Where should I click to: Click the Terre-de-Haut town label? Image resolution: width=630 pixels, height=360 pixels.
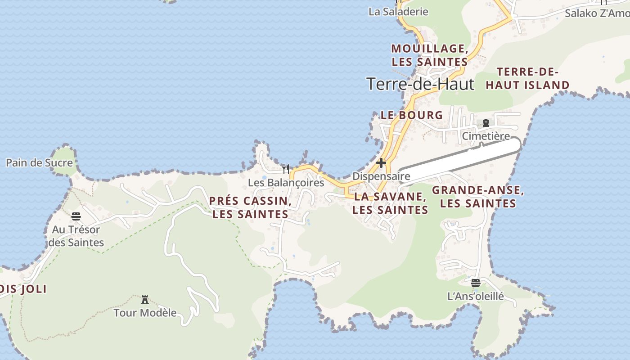(420, 84)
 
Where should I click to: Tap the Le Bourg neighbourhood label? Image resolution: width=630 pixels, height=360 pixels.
(412, 115)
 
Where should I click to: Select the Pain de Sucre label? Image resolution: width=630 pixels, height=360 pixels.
(39, 163)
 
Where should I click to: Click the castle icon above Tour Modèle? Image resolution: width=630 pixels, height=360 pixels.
(145, 300)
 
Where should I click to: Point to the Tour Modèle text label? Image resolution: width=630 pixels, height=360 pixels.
(145, 312)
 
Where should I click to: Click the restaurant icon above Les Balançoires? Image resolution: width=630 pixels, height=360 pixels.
(286, 170)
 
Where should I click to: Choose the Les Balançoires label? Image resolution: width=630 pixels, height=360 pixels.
(286, 183)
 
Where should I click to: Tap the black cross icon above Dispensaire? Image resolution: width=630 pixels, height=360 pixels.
(381, 163)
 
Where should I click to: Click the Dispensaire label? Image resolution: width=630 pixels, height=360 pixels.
(381, 176)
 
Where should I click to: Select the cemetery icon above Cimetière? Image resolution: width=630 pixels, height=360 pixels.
(486, 123)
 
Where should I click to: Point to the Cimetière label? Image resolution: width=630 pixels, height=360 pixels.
(486, 136)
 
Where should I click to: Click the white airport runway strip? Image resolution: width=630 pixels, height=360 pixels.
(459, 161)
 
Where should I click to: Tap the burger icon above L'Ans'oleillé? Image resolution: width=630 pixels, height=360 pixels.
(476, 283)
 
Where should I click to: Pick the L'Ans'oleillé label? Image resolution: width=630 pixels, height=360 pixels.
(476, 297)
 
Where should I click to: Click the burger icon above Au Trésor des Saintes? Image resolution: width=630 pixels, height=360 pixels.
(76, 216)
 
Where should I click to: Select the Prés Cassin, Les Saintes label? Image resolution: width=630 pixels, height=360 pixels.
(250, 207)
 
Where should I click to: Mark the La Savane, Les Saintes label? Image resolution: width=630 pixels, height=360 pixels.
(390, 203)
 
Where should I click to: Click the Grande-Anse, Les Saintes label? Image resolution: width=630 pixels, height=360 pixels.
(478, 197)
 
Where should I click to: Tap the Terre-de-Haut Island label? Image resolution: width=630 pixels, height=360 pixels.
(527, 78)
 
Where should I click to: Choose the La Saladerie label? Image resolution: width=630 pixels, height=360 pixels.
(398, 12)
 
